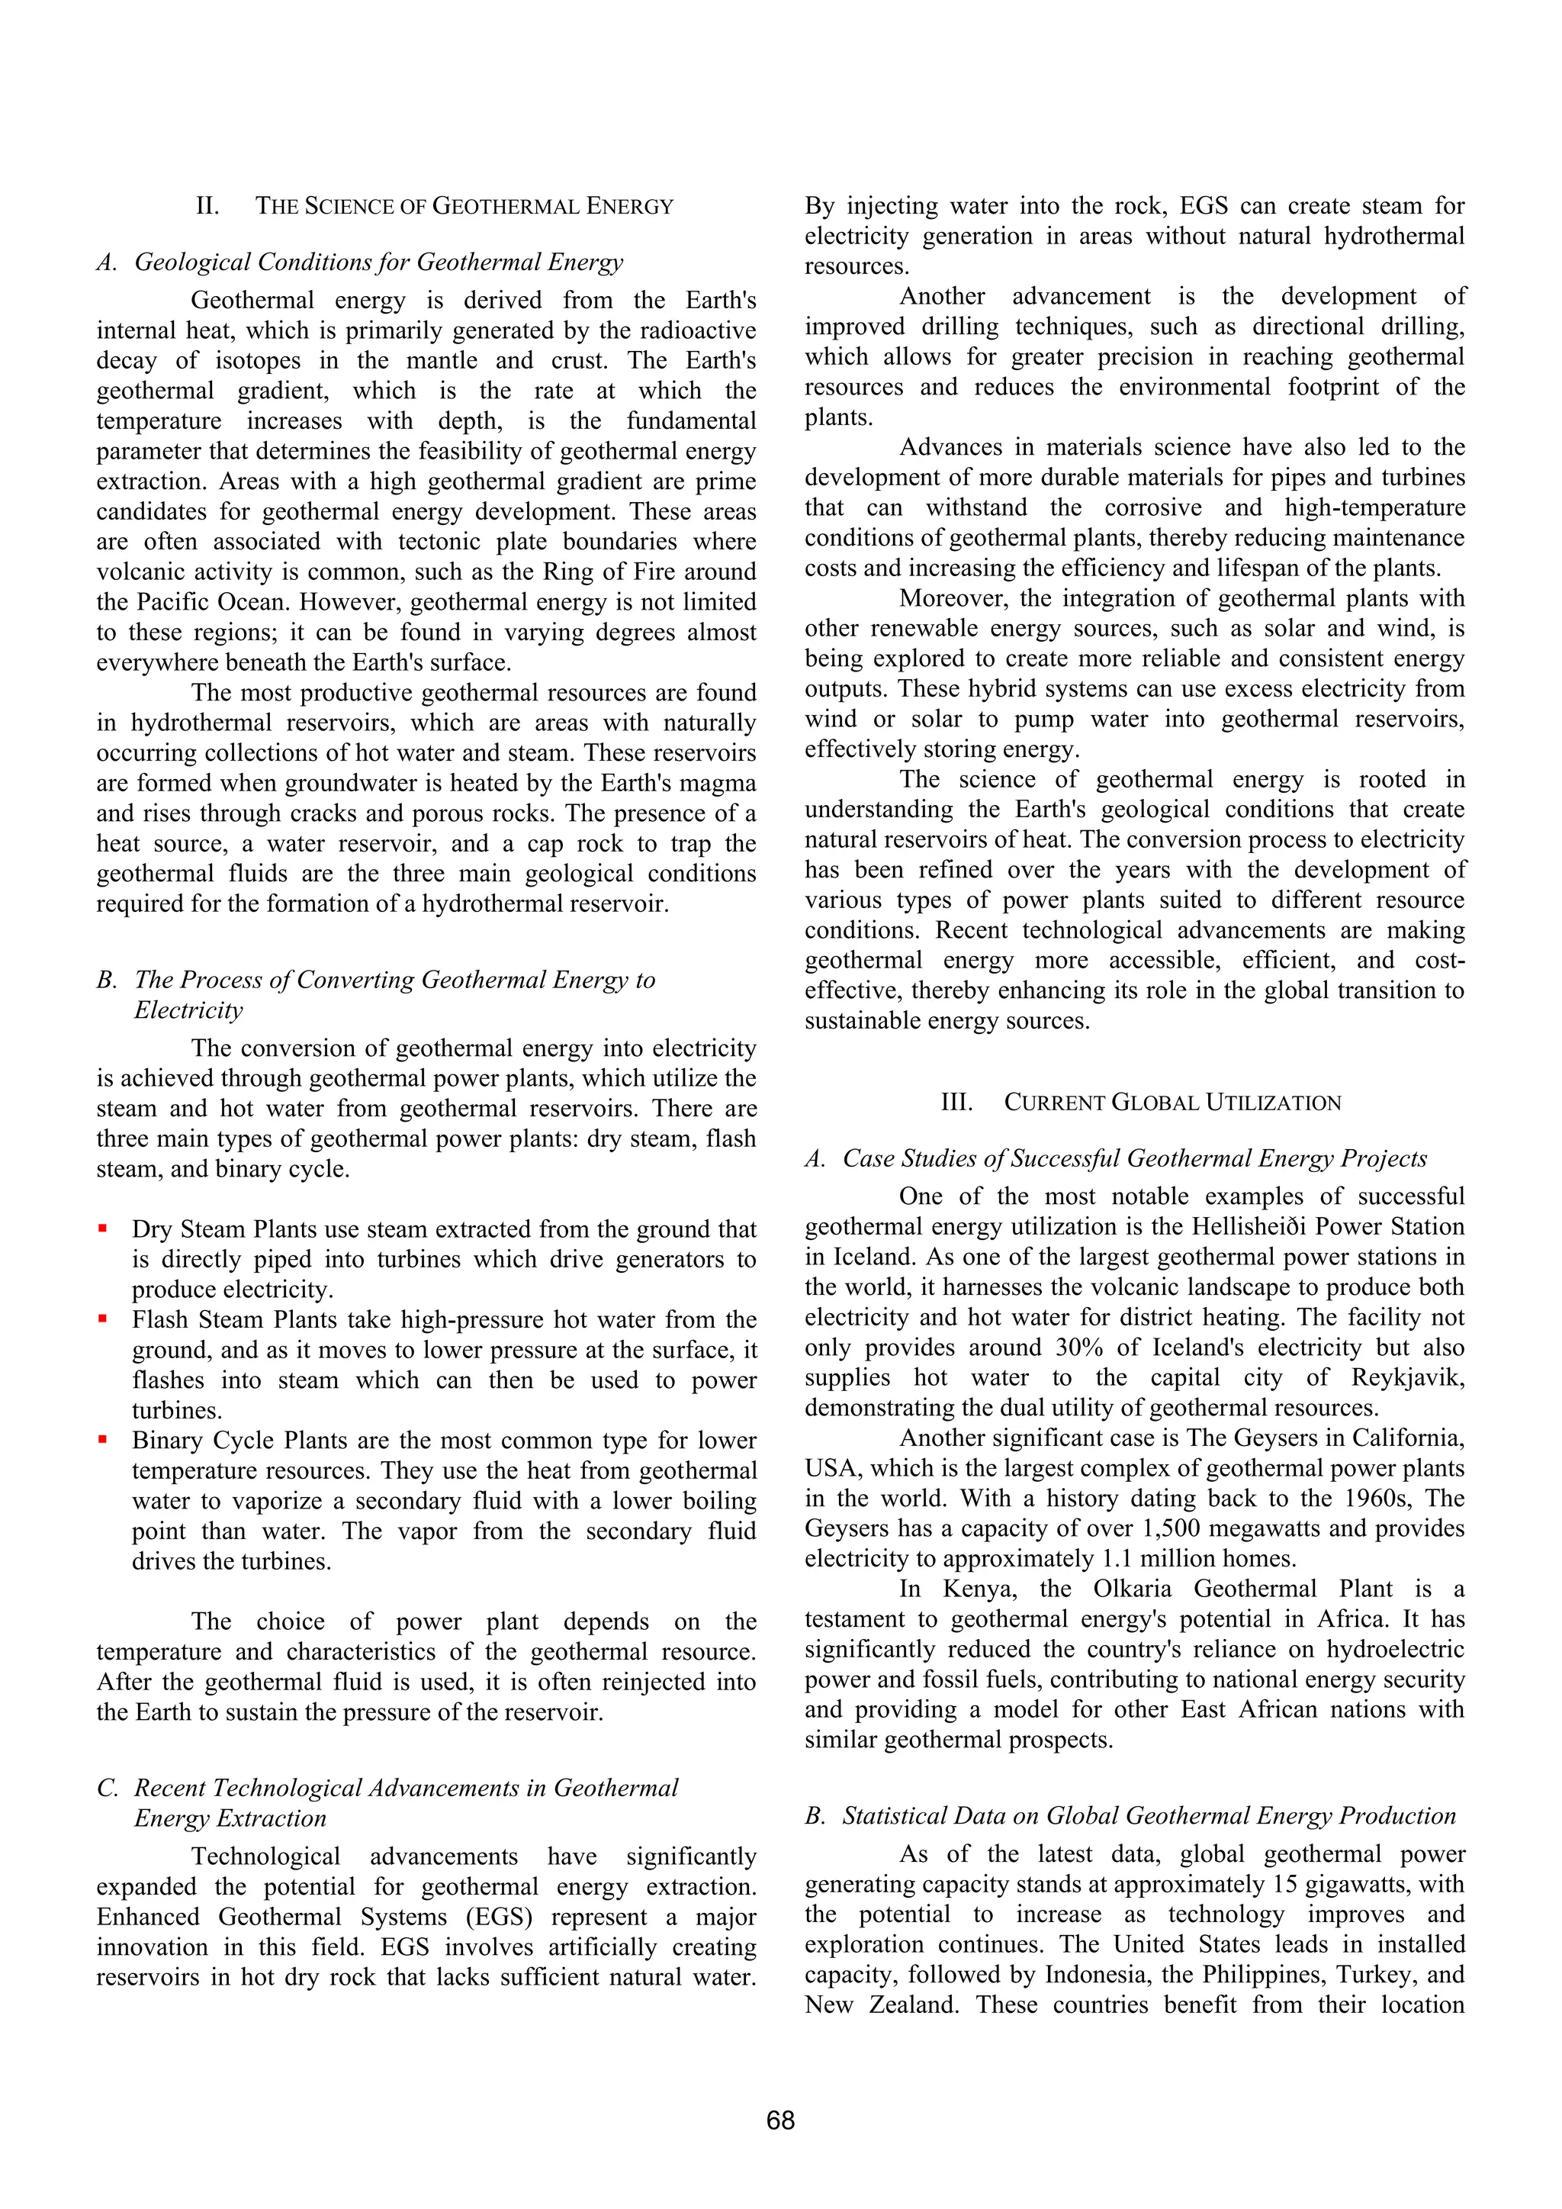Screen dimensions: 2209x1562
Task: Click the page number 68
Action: pyautogui.click(x=780, y=2120)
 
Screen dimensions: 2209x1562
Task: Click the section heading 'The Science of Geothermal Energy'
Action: pyautogui.click(x=464, y=206)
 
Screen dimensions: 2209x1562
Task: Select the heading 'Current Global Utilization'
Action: pyautogui.click(x=1171, y=1103)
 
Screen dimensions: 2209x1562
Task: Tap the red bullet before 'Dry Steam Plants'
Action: pyautogui.click(x=102, y=1228)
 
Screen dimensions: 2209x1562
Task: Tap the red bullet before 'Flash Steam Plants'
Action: pyautogui.click(x=102, y=1319)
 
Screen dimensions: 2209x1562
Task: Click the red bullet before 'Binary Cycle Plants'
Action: pyautogui.click(x=102, y=1441)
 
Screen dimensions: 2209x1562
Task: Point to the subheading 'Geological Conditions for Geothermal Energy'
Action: pyautogui.click(x=378, y=262)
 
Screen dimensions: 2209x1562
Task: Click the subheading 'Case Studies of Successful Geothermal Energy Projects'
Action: pyautogui.click(x=1134, y=1158)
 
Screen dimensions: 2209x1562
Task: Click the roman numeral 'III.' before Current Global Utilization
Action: pyautogui.click(x=956, y=1103)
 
